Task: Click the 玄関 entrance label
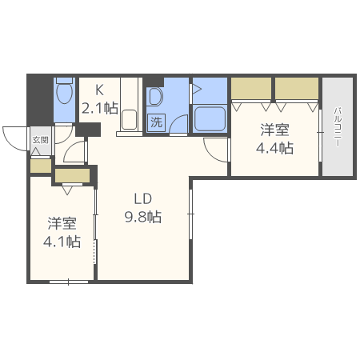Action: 40,139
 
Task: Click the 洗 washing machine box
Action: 157,122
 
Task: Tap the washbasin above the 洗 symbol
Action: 156,98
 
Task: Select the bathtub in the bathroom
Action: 210,120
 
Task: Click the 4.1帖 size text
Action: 62,241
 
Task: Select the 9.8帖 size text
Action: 143,216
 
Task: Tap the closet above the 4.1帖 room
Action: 73,176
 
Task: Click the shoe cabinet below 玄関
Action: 40,166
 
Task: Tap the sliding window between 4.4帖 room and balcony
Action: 320,128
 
